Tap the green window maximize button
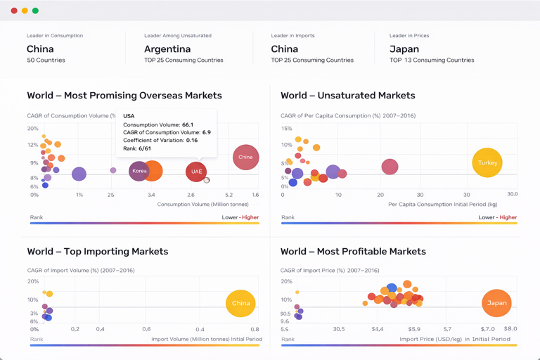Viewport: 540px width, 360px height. coord(36,11)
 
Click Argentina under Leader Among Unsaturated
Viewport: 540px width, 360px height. coord(167,49)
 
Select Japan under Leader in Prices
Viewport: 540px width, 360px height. coord(404,49)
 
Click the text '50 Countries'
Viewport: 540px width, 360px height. coord(46,60)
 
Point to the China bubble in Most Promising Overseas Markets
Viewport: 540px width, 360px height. coord(245,157)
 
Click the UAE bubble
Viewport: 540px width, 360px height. coord(196,172)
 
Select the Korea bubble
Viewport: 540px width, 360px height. coord(139,171)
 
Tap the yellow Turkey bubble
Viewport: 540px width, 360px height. coord(487,162)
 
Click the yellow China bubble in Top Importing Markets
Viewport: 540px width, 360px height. coord(240,303)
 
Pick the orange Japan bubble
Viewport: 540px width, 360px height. coord(496,303)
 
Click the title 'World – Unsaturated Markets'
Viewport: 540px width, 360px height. coord(347,96)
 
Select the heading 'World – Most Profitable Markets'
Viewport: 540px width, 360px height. coord(353,252)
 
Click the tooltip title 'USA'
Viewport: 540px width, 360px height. coord(129,116)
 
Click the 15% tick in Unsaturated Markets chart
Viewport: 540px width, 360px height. coord(286,129)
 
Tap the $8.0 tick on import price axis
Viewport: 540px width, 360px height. coord(510,329)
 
